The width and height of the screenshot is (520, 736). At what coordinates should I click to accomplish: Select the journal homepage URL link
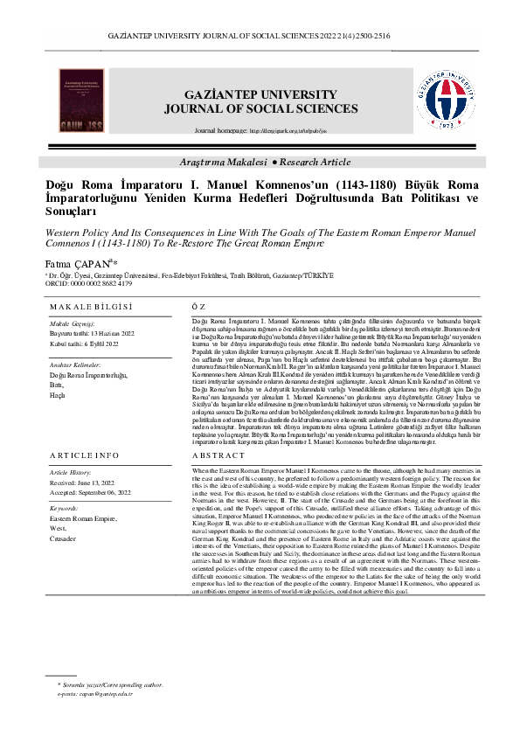289,130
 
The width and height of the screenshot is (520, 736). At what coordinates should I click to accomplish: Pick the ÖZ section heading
198,307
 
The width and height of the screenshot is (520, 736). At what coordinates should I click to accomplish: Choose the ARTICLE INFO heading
84,456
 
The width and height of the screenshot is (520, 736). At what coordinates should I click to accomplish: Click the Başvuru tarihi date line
91,334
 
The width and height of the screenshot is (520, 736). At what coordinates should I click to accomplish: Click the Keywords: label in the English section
64,507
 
